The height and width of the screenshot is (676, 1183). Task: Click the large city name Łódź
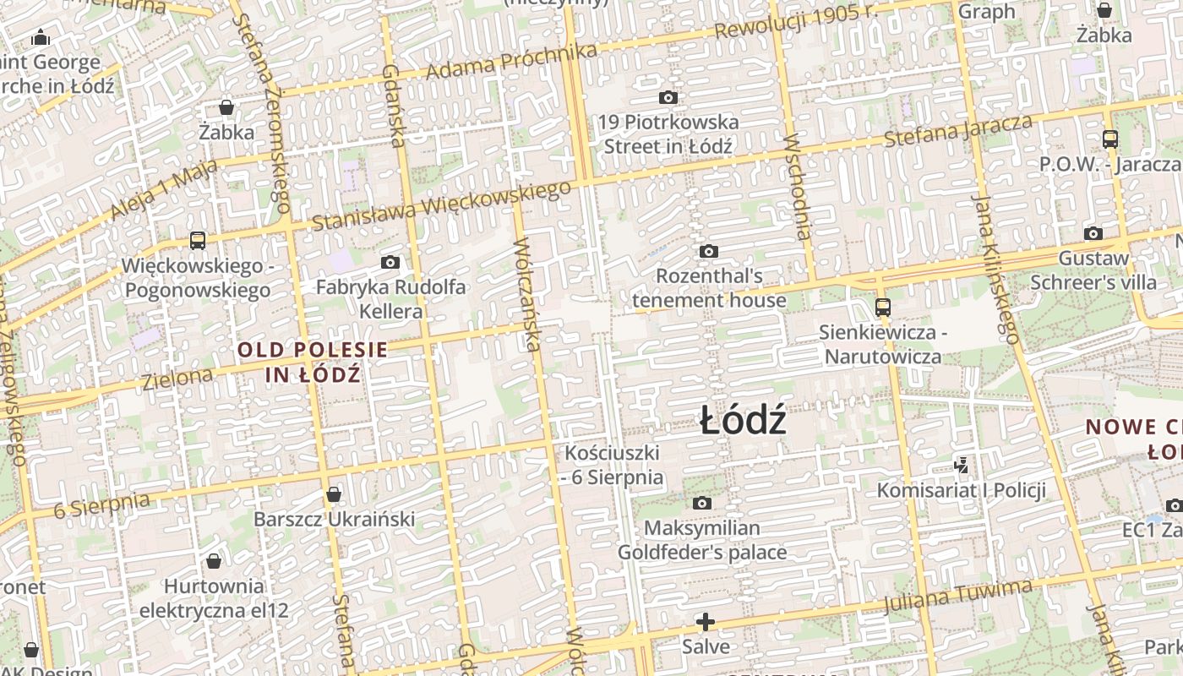point(744,420)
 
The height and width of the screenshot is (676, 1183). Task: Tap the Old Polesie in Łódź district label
point(312,362)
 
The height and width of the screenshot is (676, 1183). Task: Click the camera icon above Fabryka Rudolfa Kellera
point(390,263)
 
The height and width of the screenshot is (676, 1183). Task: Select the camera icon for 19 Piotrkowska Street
point(668,98)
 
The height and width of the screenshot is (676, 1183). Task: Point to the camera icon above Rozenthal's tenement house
point(708,252)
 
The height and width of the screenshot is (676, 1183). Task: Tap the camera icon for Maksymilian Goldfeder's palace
point(701,504)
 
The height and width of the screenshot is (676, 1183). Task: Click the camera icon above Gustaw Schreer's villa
point(1093,234)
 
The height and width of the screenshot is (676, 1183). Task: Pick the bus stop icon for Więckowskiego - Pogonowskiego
point(197,241)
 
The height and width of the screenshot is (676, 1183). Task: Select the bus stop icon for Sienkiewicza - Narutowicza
point(882,308)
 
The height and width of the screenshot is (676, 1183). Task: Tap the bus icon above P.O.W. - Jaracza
point(1109,139)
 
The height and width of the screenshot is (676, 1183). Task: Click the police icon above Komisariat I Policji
point(961,465)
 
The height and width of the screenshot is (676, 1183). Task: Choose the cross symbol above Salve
point(705,623)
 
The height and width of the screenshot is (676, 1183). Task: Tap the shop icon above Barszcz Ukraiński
point(334,494)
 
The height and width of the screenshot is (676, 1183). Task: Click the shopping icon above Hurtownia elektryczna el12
point(214,561)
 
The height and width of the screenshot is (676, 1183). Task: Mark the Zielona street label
point(177,378)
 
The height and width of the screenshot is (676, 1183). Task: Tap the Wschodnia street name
point(798,186)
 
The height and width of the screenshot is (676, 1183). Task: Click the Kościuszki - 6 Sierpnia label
point(612,465)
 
